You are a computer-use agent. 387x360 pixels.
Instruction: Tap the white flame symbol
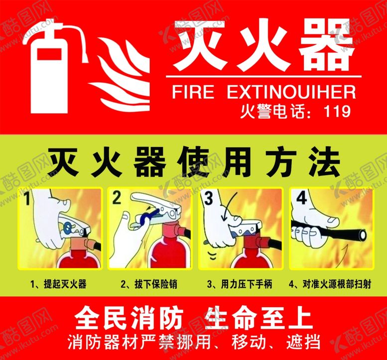coord(121,74)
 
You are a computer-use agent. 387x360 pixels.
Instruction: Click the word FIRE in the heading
coord(193,92)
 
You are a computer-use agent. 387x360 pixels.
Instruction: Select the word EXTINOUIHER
coord(291,92)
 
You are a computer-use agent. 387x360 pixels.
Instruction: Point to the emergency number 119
coord(337,111)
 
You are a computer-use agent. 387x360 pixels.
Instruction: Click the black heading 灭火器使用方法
coord(194,162)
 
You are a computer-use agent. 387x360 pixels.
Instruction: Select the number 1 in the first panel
coord(27,199)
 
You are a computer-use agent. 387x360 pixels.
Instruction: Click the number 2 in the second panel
coord(117,198)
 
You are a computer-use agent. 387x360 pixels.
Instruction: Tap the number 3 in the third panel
coord(209,198)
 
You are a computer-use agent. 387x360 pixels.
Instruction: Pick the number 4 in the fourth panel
coord(301,197)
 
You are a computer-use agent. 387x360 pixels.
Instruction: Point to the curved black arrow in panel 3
coord(228,207)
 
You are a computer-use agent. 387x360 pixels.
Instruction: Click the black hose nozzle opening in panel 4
coord(363,235)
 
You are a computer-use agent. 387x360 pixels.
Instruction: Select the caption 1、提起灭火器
coord(58,284)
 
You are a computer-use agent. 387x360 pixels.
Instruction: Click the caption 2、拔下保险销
coord(149,284)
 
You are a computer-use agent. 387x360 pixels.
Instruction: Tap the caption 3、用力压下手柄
coord(240,284)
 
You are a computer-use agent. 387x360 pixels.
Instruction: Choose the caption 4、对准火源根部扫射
coord(330,284)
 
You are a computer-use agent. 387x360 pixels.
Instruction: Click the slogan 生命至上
coord(258,318)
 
